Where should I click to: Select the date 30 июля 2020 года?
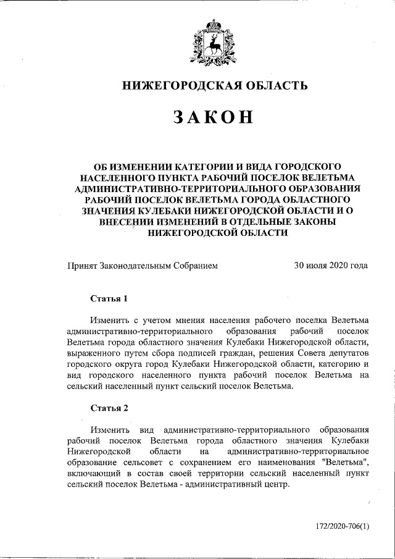[331, 266]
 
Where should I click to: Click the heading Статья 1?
[109, 299]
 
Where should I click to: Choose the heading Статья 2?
[109, 408]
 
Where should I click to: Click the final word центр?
[274, 484]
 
